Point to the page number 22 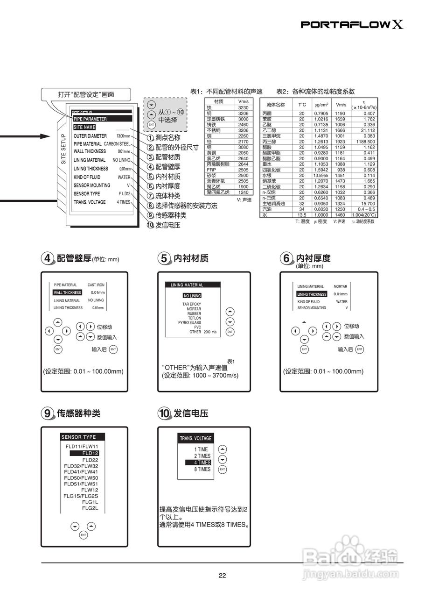pos(222,575)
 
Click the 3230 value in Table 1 pos(243,107)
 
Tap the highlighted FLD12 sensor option pos(90,453)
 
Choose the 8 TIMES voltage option pos(202,469)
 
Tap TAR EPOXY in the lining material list pos(191,304)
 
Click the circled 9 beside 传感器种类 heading pos(48,413)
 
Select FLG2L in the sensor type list pos(90,508)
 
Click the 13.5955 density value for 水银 pos(321,175)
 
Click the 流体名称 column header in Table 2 pos(275,105)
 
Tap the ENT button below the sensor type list pos(84,535)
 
